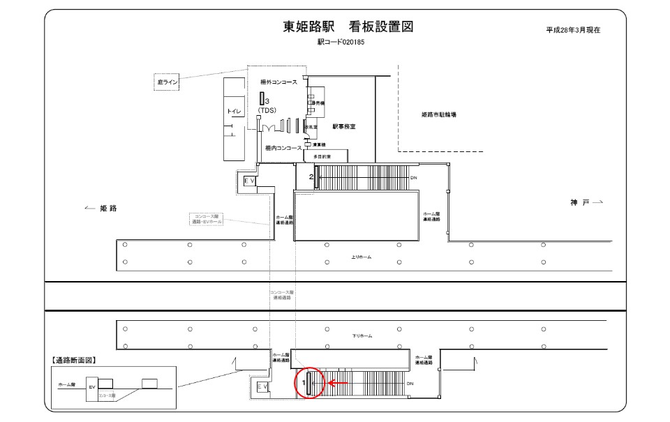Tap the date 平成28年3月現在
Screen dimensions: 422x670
click(573, 31)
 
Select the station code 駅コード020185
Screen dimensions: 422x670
click(341, 43)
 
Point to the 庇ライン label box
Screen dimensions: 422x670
click(167, 82)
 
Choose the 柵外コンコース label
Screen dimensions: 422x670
click(278, 82)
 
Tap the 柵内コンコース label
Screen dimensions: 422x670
click(283, 148)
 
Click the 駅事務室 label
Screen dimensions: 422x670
click(344, 127)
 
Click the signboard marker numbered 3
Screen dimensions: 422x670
click(262, 99)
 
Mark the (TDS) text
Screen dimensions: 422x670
click(267, 111)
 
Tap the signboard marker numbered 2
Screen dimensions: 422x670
click(315, 176)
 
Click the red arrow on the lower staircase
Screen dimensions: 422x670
click(338, 382)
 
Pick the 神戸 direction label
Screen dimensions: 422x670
click(580, 202)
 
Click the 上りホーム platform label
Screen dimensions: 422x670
click(362, 257)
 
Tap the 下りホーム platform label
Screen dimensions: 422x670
click(362, 336)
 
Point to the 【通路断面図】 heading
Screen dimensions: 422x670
click(74, 361)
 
